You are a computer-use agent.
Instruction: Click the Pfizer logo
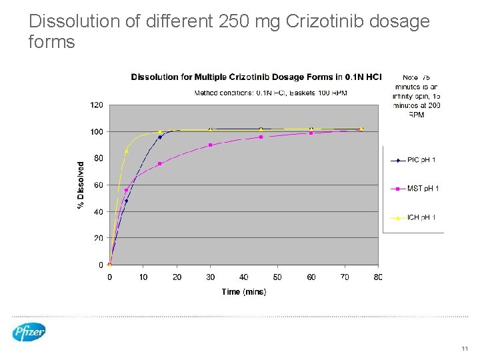pos(29,331)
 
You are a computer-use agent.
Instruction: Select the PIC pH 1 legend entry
pos(413,160)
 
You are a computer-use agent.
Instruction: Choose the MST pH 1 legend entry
pos(413,189)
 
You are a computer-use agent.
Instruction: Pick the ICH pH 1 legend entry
pos(413,217)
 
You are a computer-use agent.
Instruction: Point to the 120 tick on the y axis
pos(97,105)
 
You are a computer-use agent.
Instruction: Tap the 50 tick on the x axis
pos(277,277)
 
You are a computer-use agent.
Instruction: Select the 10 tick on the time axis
pos(143,277)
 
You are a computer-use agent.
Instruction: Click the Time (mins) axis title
pos(244,292)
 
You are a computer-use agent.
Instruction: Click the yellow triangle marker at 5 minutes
pos(127,151)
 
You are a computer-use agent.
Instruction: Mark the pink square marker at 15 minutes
pos(160,163)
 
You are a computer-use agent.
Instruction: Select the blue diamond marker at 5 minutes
pos(127,201)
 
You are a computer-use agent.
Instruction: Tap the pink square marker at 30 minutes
pos(211,145)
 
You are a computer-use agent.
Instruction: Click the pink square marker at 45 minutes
pos(261,137)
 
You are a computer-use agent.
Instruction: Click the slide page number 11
pos(465,349)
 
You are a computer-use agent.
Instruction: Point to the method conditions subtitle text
pos(270,92)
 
